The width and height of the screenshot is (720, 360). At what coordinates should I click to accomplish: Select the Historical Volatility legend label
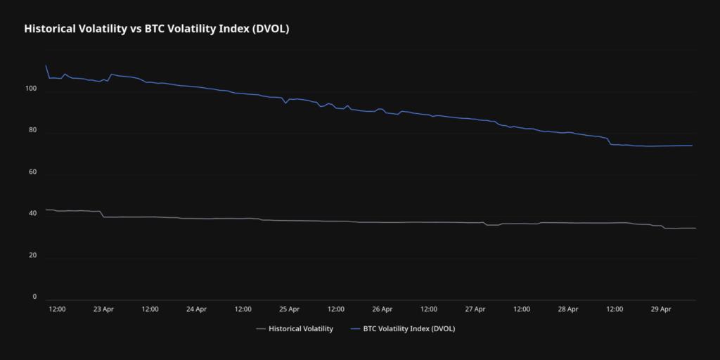point(300,328)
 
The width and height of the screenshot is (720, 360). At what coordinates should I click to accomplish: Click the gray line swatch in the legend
point(261,328)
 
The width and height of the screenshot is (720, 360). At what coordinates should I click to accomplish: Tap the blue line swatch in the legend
point(355,328)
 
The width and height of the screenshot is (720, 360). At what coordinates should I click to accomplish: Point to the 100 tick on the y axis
point(30,89)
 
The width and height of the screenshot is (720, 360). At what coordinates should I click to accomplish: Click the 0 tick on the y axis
point(34,297)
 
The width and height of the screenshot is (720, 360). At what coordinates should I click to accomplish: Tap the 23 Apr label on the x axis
point(103,309)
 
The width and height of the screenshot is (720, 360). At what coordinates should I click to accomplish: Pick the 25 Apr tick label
point(289,309)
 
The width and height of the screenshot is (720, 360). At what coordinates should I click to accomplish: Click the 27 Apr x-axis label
point(475,309)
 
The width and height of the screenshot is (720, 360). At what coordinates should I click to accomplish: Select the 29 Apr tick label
point(661,309)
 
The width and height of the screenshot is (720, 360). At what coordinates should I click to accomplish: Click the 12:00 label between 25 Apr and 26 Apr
point(336,309)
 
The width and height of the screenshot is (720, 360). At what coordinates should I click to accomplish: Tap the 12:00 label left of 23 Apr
point(57,309)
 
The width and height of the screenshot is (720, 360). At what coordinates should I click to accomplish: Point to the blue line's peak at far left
point(46,65)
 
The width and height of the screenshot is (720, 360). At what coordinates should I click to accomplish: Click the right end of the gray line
point(695,228)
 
